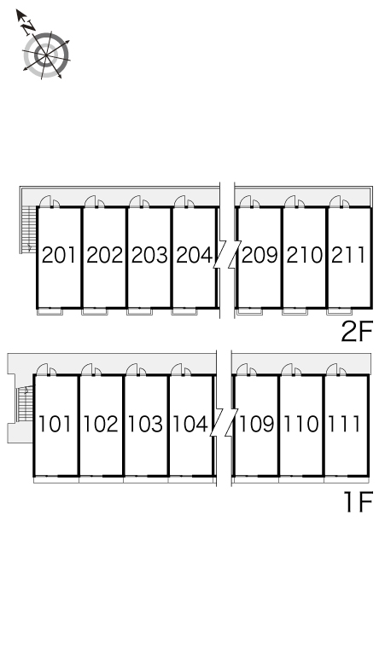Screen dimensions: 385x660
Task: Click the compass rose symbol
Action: (x=46, y=55)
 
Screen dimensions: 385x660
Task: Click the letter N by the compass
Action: (x=29, y=27)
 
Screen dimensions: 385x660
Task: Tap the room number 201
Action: (x=59, y=256)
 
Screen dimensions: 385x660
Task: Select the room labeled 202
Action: (x=104, y=256)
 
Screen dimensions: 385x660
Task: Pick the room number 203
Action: (x=149, y=256)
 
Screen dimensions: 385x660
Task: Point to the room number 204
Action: (x=194, y=256)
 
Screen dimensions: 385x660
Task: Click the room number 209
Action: (x=260, y=256)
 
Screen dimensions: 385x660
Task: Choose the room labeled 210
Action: (x=304, y=256)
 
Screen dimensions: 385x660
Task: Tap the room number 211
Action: (x=348, y=256)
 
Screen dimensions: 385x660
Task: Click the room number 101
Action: (x=55, y=424)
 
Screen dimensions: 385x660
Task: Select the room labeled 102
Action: (x=101, y=424)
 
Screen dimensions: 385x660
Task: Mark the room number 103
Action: (x=145, y=424)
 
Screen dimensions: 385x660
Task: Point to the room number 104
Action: (x=190, y=424)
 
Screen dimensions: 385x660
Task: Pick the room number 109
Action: (x=257, y=424)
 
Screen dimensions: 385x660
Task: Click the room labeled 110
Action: (x=300, y=424)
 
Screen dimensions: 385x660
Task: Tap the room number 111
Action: (x=344, y=424)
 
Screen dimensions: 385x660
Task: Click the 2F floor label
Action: (x=357, y=333)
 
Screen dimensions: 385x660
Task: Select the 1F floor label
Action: (x=359, y=502)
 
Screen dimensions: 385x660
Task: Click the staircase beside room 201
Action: (x=29, y=229)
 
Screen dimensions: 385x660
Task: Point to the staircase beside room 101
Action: (x=25, y=404)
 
